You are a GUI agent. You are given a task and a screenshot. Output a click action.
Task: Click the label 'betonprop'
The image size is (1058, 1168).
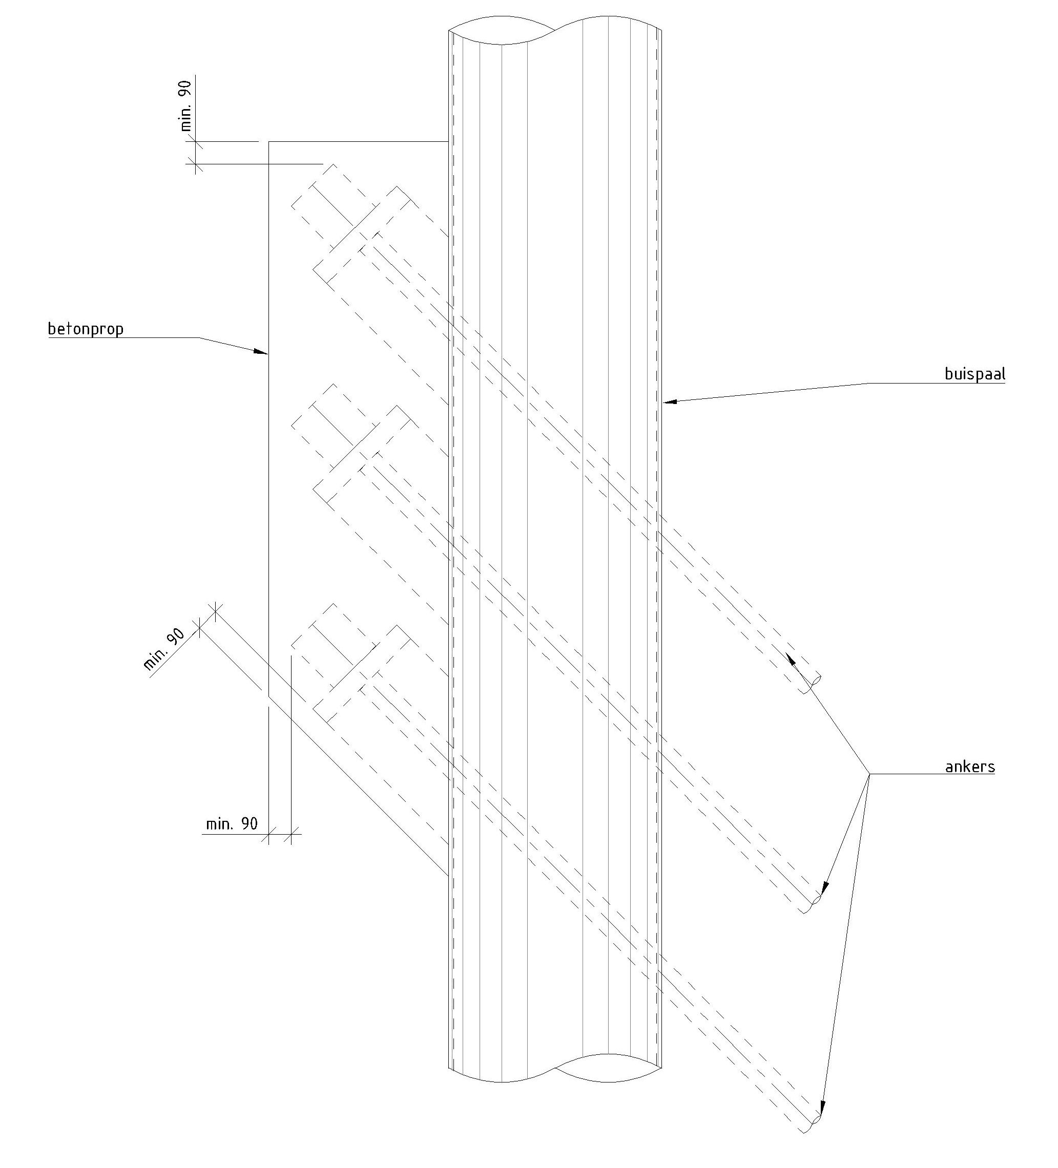coord(85,329)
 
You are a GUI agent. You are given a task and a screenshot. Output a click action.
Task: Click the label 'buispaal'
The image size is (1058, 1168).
coord(974,374)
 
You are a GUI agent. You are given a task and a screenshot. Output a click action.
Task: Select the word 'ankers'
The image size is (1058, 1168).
coord(969,767)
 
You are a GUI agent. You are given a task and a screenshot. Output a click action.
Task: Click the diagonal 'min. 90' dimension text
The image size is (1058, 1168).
coord(164,649)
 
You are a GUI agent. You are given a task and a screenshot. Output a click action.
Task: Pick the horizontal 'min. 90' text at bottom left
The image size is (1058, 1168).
coord(231,823)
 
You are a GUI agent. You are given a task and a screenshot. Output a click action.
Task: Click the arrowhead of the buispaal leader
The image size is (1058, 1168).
coord(669,401)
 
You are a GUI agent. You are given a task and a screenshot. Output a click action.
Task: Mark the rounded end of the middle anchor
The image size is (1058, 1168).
coord(816,900)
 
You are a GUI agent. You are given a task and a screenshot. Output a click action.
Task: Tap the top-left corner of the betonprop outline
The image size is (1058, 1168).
coord(268,141)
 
